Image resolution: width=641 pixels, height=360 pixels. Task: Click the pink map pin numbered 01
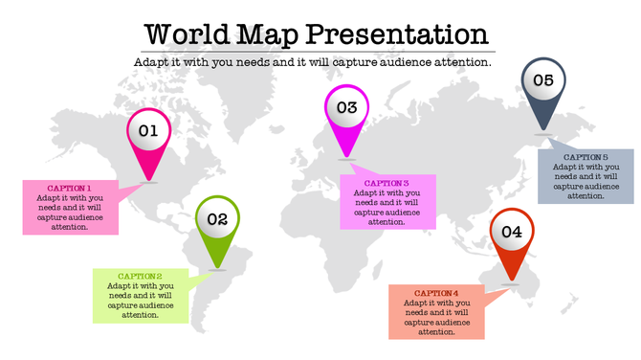point(148,132)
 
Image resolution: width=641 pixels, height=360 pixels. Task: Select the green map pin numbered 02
point(217,220)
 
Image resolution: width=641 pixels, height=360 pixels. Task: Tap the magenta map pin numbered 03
point(346,109)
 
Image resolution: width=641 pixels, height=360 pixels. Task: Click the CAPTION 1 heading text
point(70,188)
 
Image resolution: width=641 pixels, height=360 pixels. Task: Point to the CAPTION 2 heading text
point(141,276)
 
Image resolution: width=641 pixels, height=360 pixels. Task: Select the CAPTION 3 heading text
point(387,183)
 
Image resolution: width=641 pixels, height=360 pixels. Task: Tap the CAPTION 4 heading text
point(436,293)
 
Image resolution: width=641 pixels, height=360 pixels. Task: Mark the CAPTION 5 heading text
point(586,157)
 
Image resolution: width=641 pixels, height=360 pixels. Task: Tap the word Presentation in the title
point(400,34)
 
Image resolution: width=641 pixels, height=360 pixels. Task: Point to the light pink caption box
point(70,207)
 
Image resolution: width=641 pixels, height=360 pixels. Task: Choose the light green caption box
point(141,295)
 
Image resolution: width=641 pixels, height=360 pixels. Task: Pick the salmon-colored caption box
point(436,312)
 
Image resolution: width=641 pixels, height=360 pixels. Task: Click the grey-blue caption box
point(586,176)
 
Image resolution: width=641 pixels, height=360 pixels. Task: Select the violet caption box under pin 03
point(387,202)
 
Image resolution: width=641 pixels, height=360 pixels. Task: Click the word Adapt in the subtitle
point(151,62)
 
